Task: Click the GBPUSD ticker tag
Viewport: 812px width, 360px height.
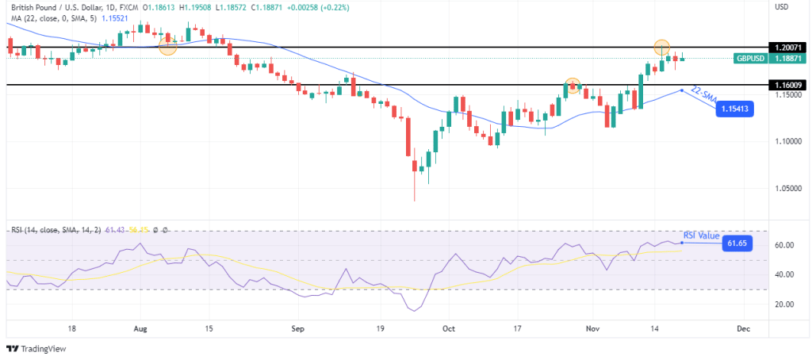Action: [749, 58]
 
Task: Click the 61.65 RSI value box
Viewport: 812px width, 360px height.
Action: [737, 243]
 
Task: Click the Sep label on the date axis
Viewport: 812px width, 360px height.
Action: [297, 327]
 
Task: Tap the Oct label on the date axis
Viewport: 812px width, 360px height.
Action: [448, 327]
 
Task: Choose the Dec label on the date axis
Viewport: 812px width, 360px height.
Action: [743, 327]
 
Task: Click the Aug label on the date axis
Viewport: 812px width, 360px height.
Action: [140, 327]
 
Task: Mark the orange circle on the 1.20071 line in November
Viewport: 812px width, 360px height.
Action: [662, 48]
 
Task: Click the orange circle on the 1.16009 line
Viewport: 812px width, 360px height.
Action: [573, 85]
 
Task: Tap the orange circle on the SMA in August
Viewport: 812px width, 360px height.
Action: [167, 46]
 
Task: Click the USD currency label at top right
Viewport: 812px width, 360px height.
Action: [781, 7]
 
